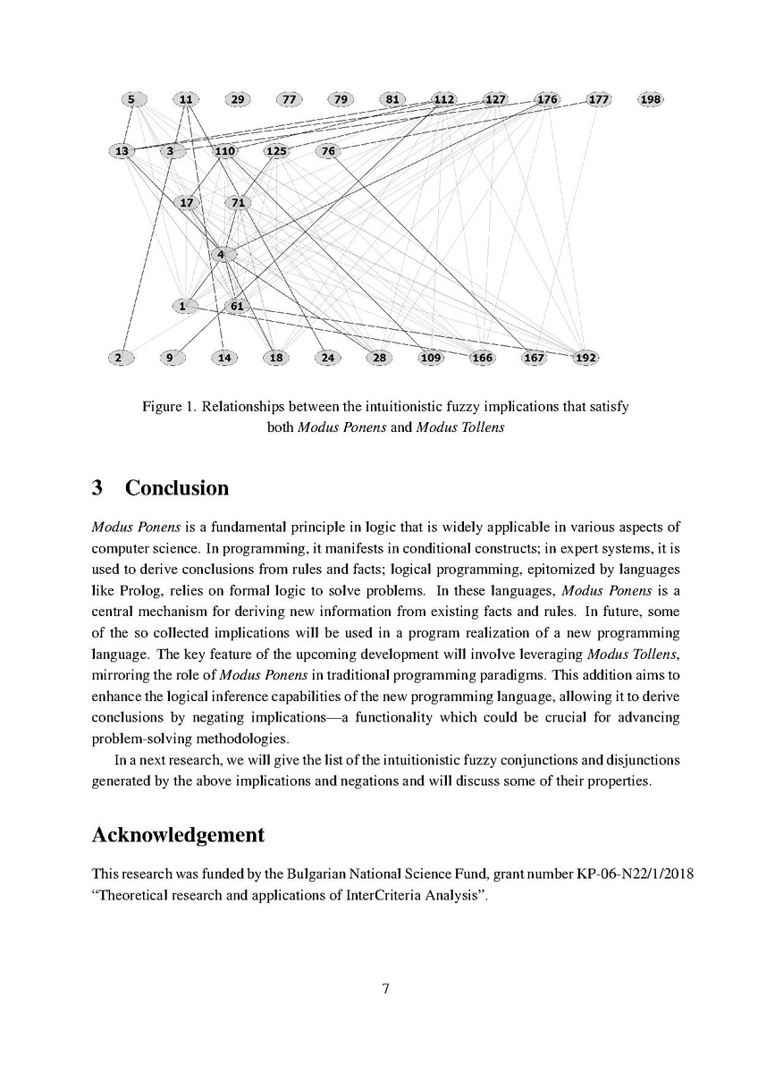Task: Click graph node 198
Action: coord(652,99)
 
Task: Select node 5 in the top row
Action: coord(131,99)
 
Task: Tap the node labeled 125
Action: coord(276,151)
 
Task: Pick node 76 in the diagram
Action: coord(328,151)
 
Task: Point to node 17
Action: coord(187,203)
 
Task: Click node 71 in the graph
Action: coord(238,203)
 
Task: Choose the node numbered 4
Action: coord(221,255)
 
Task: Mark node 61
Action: coord(237,307)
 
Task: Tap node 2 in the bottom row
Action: coord(118,359)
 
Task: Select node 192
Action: coord(585,359)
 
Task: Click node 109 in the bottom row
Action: coord(431,359)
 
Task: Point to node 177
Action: coord(599,99)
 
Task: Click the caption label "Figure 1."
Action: coord(168,407)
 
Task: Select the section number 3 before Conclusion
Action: coord(97,488)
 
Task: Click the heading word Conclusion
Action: coord(176,488)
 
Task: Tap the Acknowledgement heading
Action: coord(178,835)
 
